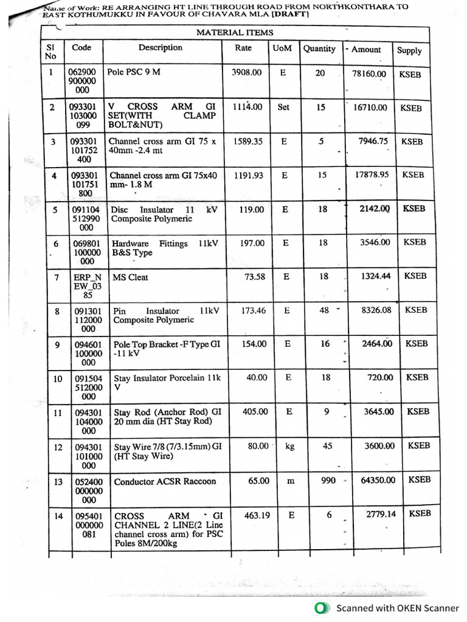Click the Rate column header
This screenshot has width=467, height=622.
[x=243, y=48]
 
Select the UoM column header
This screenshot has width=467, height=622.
[x=283, y=48]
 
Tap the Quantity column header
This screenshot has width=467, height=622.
[x=319, y=49]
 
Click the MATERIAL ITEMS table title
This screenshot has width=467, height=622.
[x=234, y=33]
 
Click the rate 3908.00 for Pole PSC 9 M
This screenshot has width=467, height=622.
[x=247, y=72]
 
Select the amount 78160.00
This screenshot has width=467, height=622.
[x=369, y=73]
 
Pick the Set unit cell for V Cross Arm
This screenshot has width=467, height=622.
[x=283, y=107]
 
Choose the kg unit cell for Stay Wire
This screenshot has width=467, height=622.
[x=289, y=446]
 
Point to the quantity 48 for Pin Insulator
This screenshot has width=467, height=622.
[x=324, y=310]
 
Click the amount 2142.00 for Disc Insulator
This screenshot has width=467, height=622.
[x=376, y=209]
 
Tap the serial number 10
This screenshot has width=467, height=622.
[x=57, y=378]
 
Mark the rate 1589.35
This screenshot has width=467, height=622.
[x=249, y=141]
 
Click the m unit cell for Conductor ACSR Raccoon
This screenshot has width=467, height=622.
[x=291, y=480]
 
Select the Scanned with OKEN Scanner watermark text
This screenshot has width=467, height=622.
[x=398, y=607]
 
